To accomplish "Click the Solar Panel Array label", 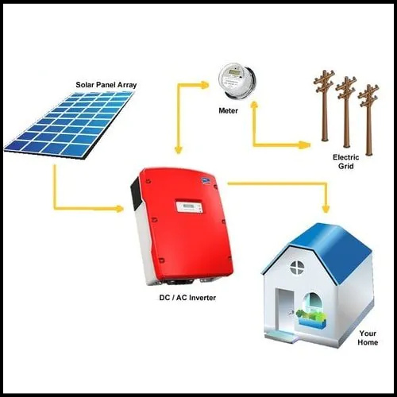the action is tap(106, 85).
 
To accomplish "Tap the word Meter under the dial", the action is tap(228, 110).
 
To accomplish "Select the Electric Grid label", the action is tap(346, 162).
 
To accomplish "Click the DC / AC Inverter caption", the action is tap(187, 298).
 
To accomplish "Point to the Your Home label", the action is tap(368, 338).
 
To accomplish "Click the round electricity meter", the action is tap(237, 80).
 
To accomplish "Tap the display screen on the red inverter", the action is tap(190, 206).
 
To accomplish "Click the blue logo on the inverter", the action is tap(206, 181).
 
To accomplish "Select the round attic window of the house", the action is tap(298, 267).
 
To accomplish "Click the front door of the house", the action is tap(285, 310).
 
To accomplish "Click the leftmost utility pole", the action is tap(325, 106).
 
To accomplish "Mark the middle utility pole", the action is tap(346, 112).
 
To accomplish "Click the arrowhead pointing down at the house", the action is tap(326, 209).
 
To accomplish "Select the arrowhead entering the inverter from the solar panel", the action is tap(119, 209).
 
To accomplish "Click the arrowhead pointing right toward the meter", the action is tap(204, 85).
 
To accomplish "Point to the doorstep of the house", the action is tap(281, 336).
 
